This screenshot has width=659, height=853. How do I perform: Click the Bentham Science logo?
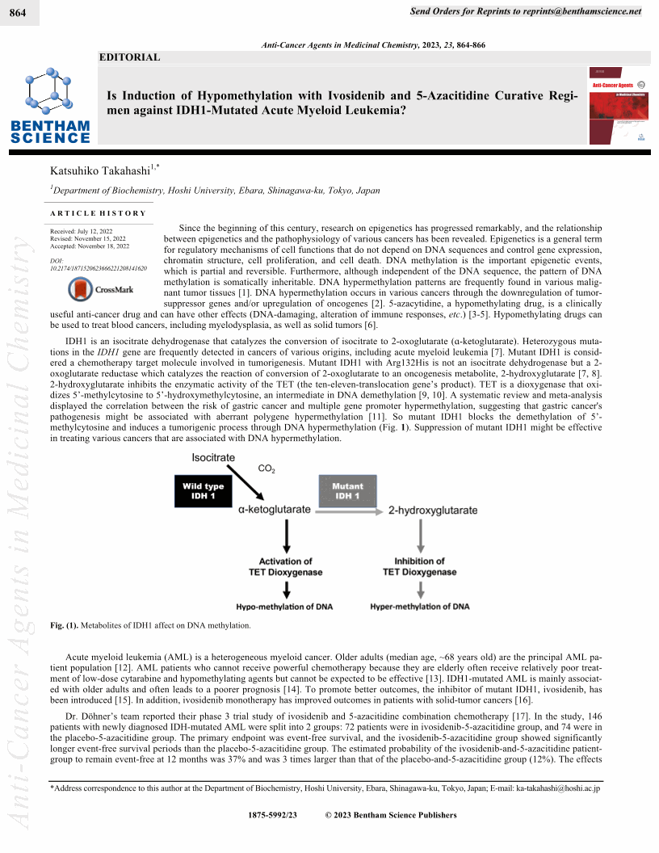pyautogui.click(x=50, y=107)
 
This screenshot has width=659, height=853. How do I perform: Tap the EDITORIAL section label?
pyautogui.click(x=129, y=57)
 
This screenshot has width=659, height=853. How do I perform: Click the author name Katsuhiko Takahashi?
pyautogui.click(x=102, y=170)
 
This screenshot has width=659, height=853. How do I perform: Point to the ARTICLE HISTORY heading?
pyautogui.click(x=98, y=213)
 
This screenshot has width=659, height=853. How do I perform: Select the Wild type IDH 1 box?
pyautogui.click(x=204, y=491)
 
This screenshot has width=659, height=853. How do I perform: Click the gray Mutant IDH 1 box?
pyautogui.click(x=347, y=491)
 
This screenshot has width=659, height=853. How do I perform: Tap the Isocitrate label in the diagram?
pyautogui.click(x=213, y=458)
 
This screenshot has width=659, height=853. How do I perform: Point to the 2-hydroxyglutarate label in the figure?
pyautogui.click(x=433, y=511)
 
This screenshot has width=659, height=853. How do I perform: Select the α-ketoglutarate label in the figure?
pyautogui.click(x=275, y=511)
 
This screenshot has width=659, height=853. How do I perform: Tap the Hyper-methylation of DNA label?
pyautogui.click(x=419, y=606)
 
